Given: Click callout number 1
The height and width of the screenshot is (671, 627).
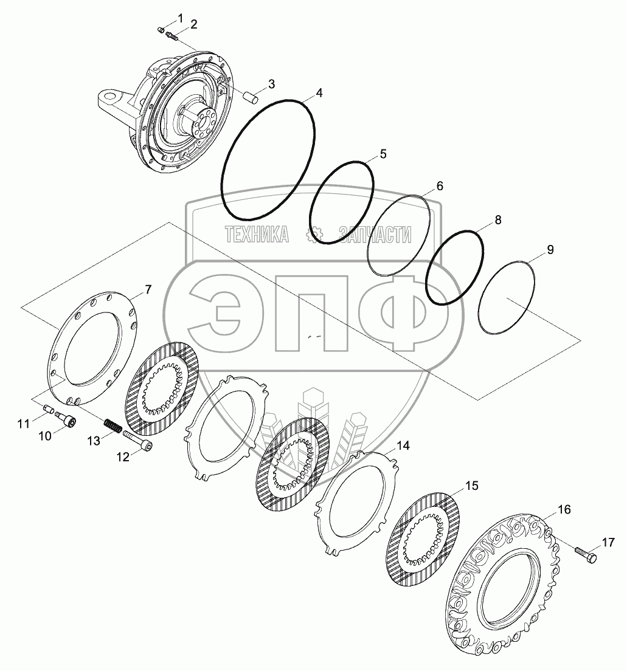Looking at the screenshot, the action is click(180, 18).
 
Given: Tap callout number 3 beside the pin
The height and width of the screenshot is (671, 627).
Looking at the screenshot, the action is click(271, 84).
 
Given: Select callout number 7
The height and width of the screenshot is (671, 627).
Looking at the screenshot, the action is click(148, 290).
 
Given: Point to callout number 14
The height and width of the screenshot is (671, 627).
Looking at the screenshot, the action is click(403, 446).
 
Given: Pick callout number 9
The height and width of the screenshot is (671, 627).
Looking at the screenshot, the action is click(550, 249).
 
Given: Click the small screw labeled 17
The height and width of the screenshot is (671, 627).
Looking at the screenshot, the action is click(586, 554).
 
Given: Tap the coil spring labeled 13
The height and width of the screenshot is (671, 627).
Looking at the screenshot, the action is click(113, 426).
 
